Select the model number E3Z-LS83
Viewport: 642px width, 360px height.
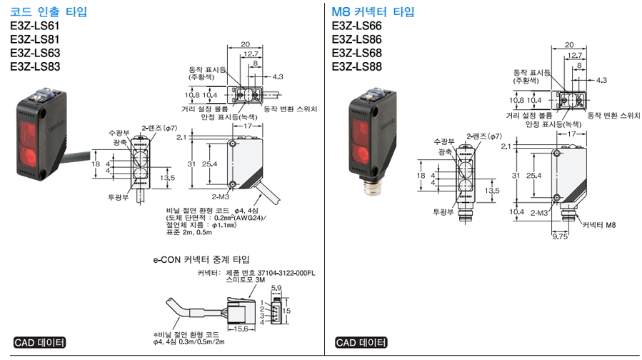point(35,67)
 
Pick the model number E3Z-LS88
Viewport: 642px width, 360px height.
point(357,67)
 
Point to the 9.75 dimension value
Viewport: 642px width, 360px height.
point(561,234)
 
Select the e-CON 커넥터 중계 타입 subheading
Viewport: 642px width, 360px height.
point(201,259)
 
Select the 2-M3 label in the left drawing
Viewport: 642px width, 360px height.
point(220,194)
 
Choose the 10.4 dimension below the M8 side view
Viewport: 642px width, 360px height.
point(518,211)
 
